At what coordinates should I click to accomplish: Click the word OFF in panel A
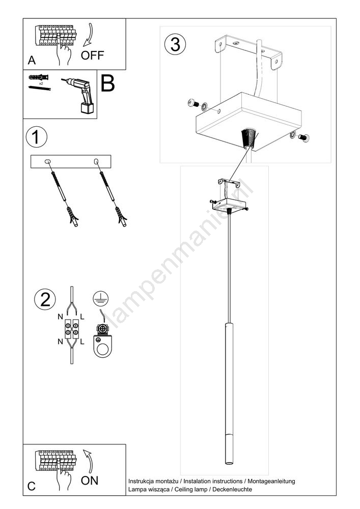coord(92,55)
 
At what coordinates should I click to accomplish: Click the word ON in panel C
coord(90,480)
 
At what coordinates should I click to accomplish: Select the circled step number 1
coord(36,137)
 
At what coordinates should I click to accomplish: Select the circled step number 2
coord(45,299)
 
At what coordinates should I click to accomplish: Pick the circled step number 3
coord(175,44)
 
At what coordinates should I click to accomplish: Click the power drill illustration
coord(79,95)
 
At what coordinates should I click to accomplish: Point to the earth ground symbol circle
coord(101,298)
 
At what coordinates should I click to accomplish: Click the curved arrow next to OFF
coord(88,36)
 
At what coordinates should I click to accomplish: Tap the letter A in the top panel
coord(32,60)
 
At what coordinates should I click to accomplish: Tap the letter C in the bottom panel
coord(32,486)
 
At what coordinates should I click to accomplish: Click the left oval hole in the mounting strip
coord(47,161)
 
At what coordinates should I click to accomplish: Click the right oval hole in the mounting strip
coord(96,161)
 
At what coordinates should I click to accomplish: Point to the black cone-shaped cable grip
coord(248,137)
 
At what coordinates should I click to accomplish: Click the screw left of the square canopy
coord(194,103)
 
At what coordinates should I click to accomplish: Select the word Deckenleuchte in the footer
coord(232,489)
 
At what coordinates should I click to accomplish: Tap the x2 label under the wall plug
coord(41,83)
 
